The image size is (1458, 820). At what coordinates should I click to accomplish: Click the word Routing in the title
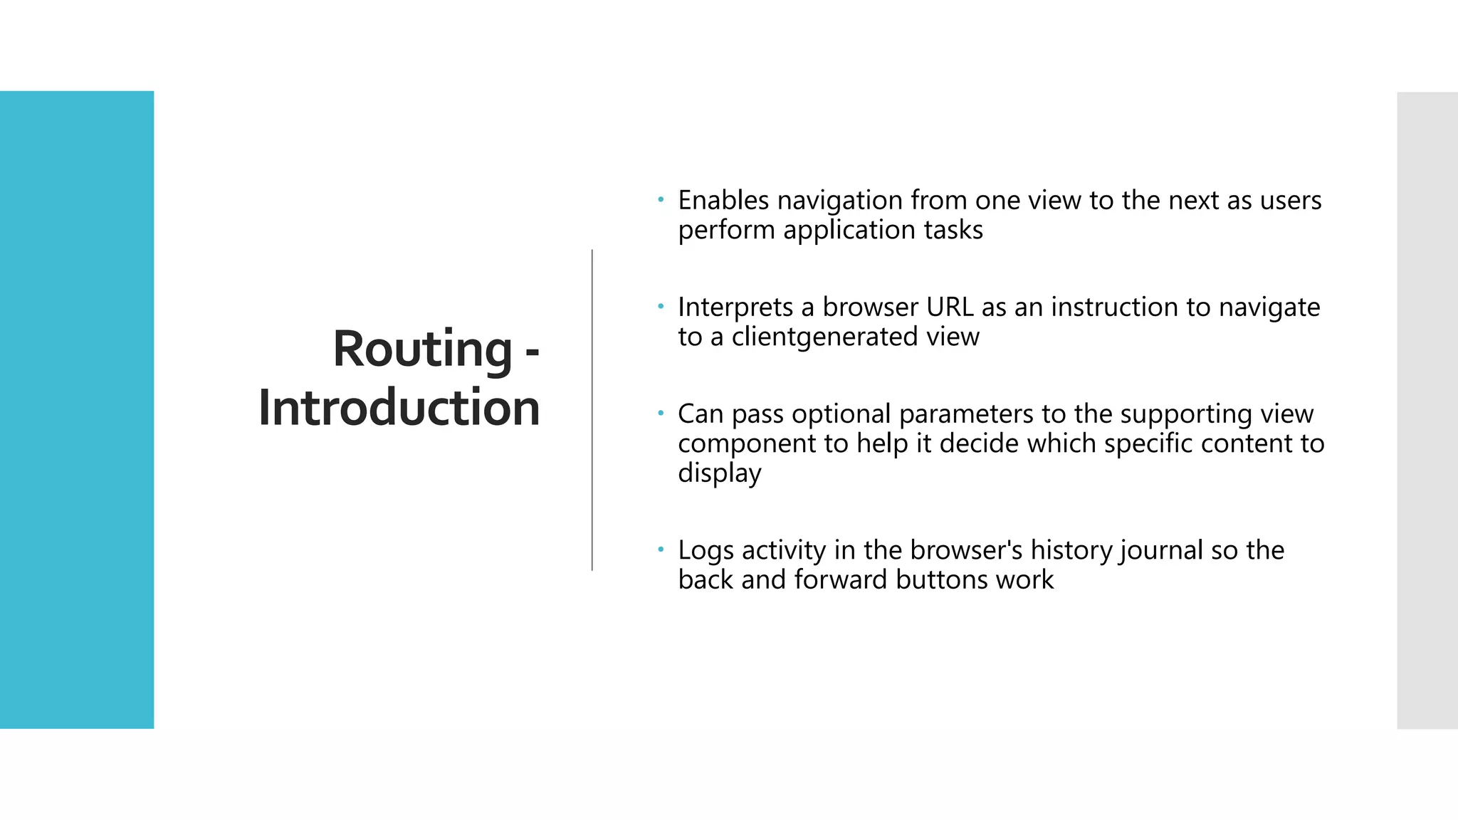(422, 350)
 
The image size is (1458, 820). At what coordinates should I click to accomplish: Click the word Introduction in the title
(399, 409)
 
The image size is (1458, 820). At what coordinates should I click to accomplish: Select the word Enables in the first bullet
(723, 201)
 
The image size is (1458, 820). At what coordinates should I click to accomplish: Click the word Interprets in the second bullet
(735, 307)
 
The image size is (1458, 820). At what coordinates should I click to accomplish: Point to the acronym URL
(950, 307)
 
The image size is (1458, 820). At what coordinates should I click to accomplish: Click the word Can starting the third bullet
(701, 414)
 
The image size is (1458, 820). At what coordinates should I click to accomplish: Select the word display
(719, 473)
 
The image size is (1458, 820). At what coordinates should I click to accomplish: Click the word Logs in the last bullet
(706, 551)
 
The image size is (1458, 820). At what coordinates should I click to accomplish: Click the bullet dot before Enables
(661, 200)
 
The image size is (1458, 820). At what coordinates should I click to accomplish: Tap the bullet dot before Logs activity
(661, 550)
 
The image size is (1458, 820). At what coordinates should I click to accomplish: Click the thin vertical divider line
(592, 410)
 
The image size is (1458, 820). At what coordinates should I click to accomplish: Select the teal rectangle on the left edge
(77, 410)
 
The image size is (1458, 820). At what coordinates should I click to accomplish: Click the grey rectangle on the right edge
(1427, 410)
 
